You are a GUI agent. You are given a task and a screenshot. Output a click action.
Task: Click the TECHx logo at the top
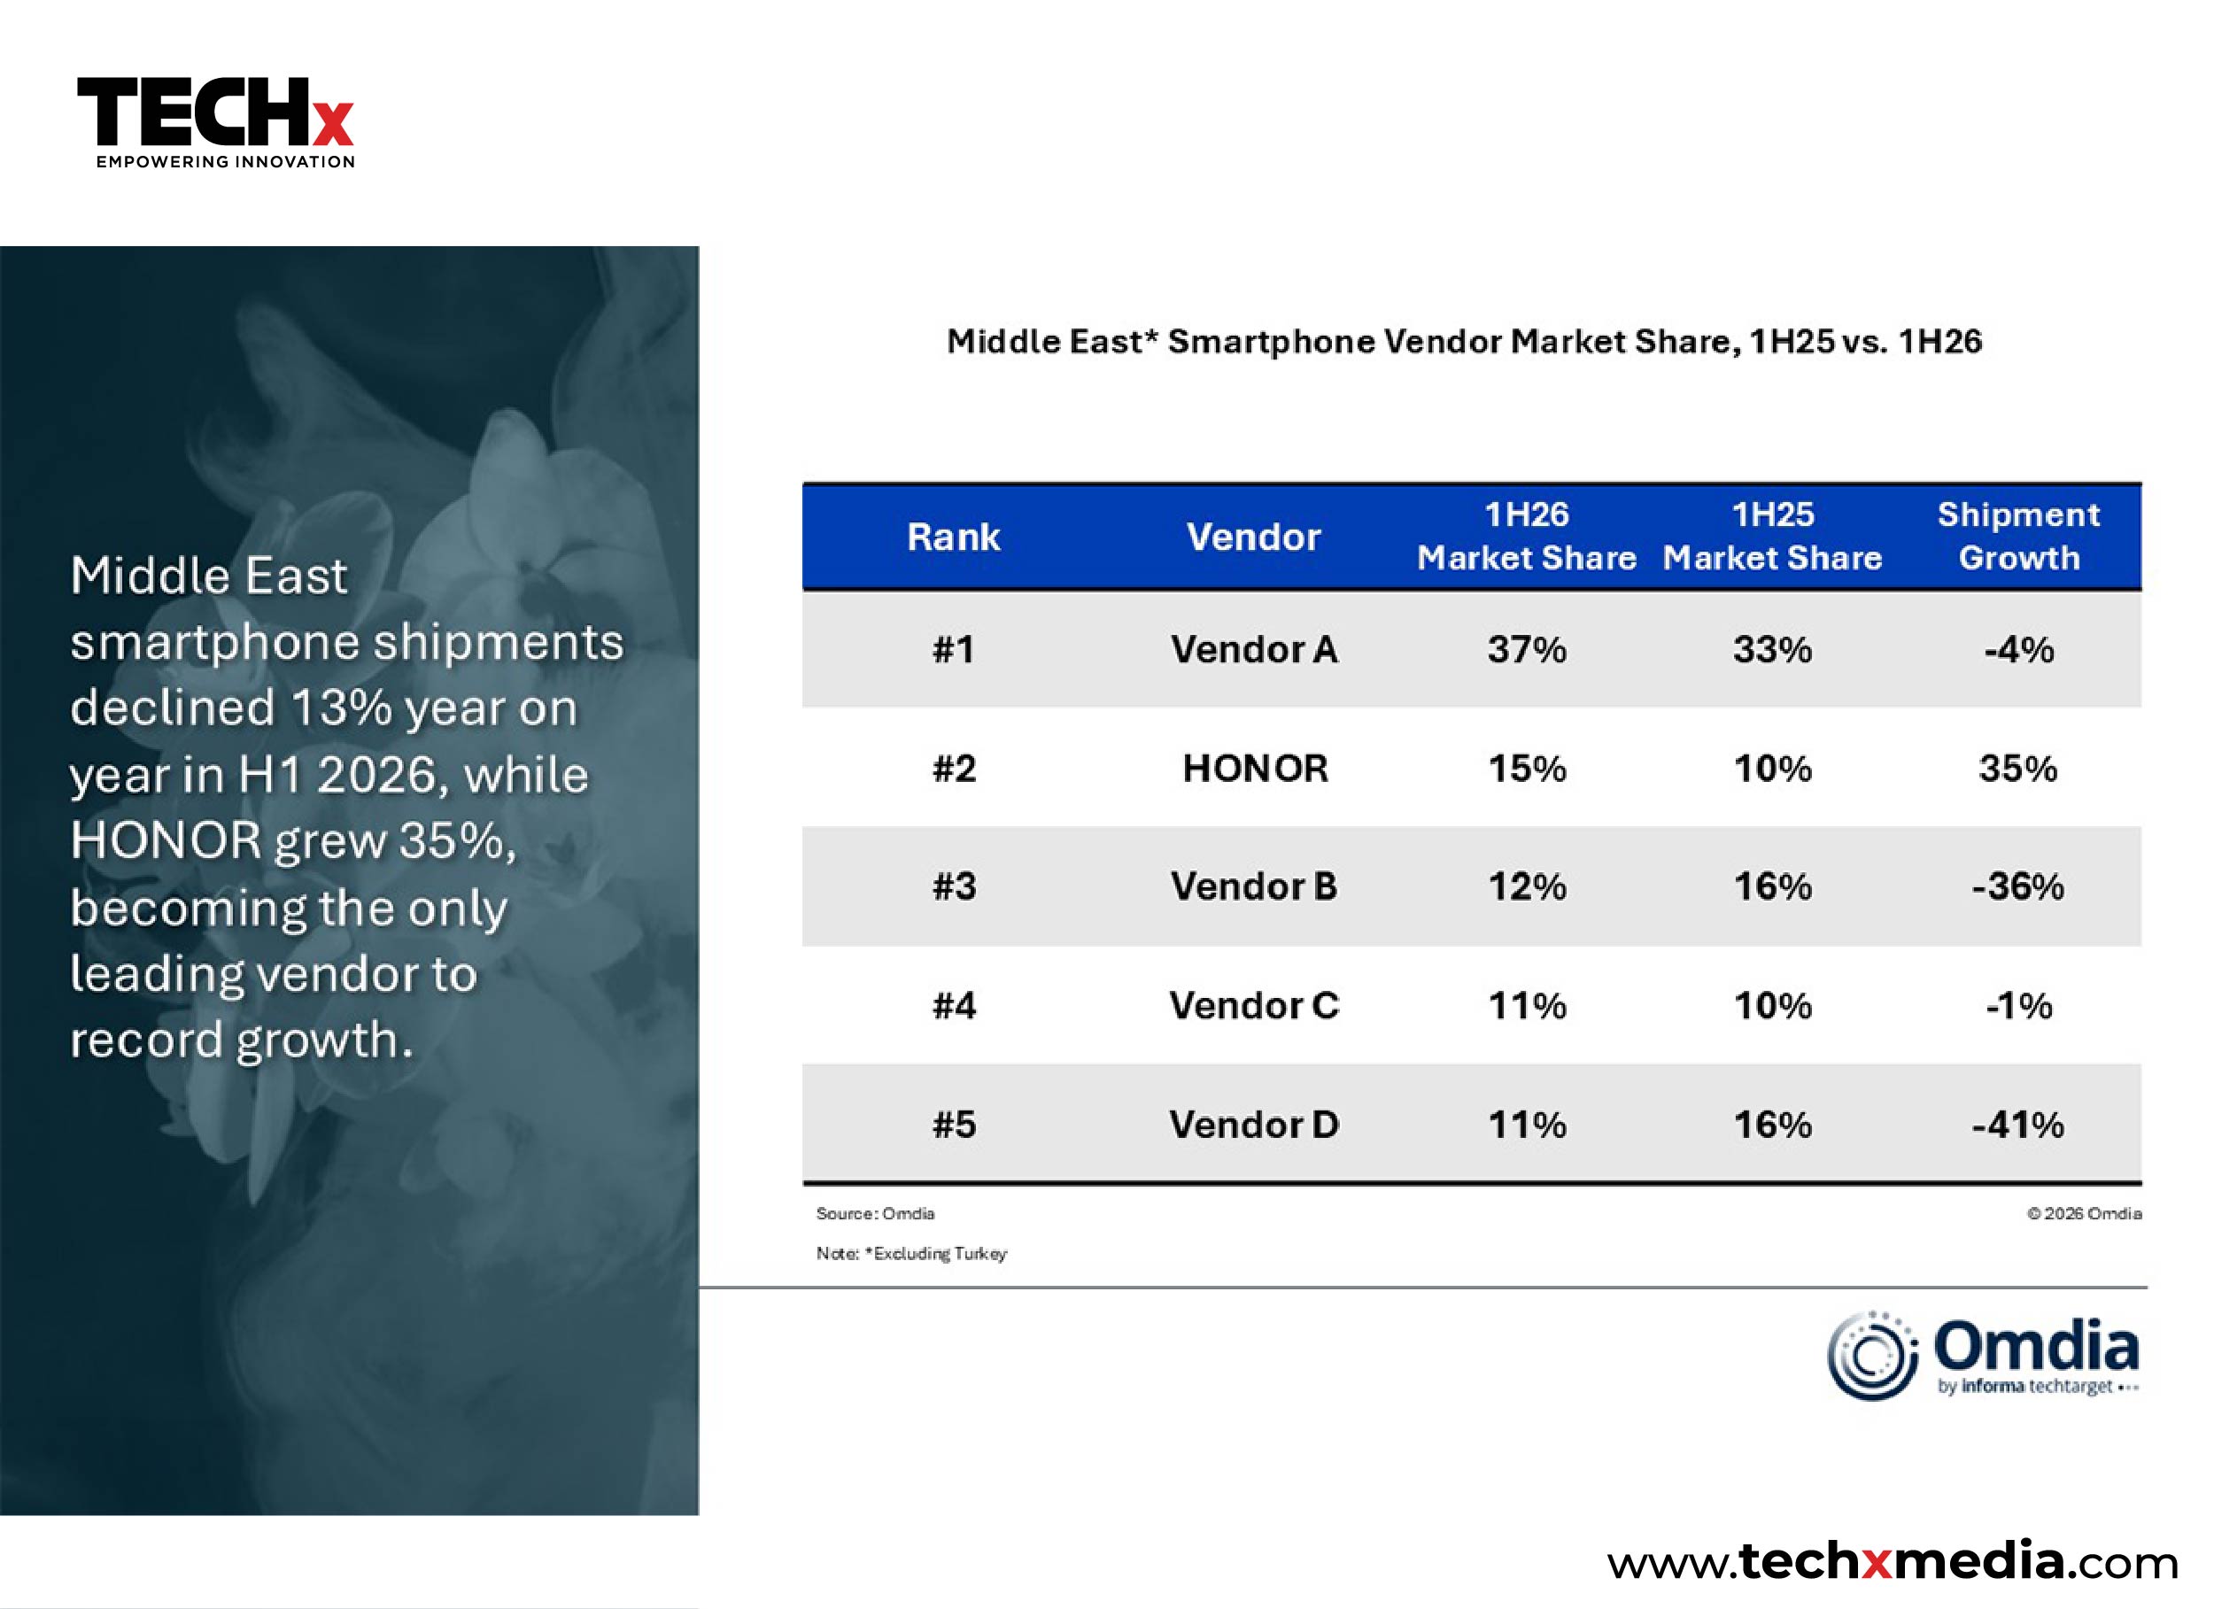tap(216, 123)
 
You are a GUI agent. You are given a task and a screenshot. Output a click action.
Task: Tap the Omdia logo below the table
tap(1984, 1355)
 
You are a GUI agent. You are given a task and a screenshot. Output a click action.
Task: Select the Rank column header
tap(954, 537)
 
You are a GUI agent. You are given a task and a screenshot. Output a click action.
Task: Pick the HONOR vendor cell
tap(1256, 769)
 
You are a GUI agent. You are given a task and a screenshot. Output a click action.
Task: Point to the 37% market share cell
tap(1527, 649)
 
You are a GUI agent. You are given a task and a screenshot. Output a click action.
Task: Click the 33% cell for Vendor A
tap(1773, 649)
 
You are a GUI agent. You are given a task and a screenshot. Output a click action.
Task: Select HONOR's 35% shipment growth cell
tap(2017, 769)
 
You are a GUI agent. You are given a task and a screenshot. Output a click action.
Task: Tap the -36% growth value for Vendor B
tap(2017, 886)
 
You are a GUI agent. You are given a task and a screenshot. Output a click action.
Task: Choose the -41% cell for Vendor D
tap(2017, 1125)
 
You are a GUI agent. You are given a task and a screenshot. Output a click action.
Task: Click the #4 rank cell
tap(954, 1006)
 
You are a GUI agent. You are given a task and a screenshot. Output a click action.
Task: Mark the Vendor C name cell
tap(1254, 1006)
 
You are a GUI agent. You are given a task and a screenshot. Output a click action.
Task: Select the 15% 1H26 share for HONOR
tap(1527, 769)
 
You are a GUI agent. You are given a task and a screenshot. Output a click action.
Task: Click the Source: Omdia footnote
tap(876, 1213)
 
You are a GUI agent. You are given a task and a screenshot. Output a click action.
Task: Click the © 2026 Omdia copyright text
tap(2084, 1213)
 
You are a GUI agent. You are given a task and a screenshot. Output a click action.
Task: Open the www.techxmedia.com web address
tap(1893, 1561)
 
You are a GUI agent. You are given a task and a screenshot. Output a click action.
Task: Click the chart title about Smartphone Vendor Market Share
tap(1464, 342)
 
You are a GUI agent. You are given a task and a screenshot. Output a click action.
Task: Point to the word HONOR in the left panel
tap(166, 840)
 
